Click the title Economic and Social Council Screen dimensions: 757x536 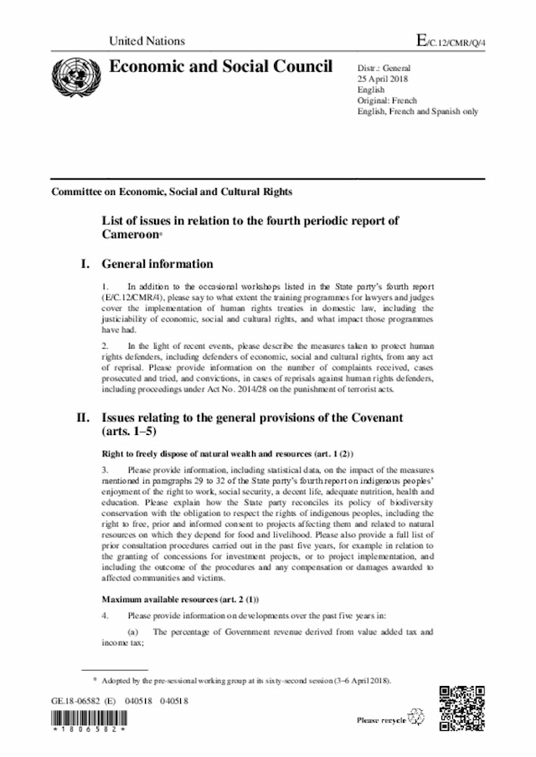[x=212, y=69]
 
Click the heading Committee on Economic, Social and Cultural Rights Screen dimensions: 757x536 [x=172, y=192]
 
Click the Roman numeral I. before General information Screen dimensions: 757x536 [x=84, y=264]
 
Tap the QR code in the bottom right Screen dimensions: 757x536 [x=463, y=706]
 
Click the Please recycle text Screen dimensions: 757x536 [x=381, y=719]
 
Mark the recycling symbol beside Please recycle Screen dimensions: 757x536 [x=415, y=717]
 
